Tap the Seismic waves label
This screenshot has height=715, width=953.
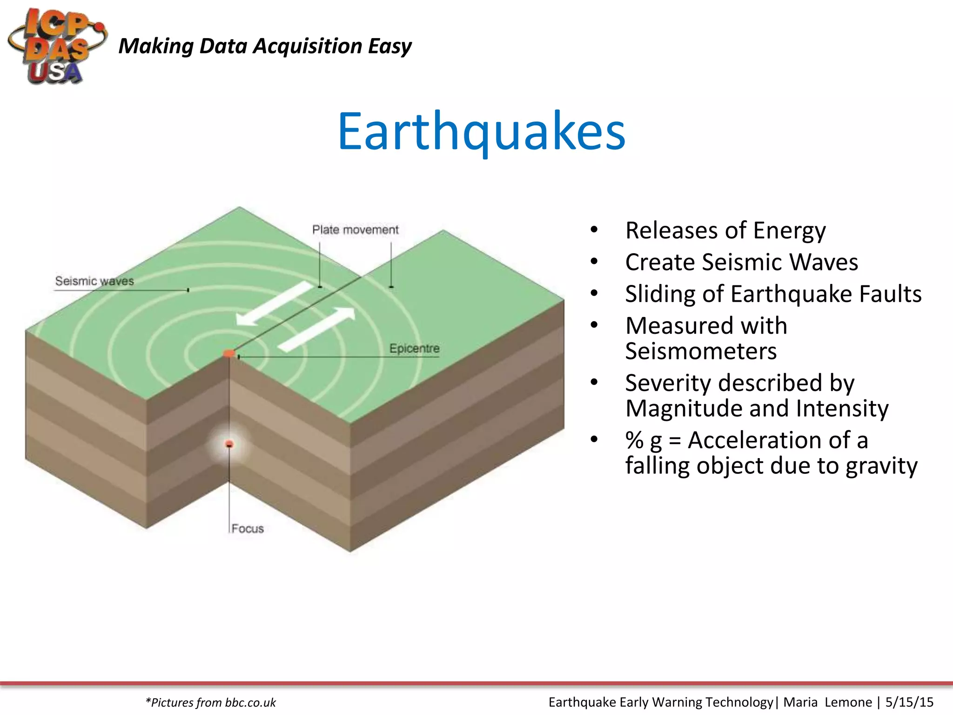pyautogui.click(x=94, y=281)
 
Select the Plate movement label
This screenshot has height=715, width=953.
pyautogui.click(x=355, y=230)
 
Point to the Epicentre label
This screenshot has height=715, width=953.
pyautogui.click(x=414, y=348)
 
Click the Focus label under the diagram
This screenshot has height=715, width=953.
pyautogui.click(x=248, y=529)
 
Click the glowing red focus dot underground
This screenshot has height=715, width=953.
pyautogui.click(x=229, y=445)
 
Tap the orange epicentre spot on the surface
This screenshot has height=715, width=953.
pyautogui.click(x=228, y=354)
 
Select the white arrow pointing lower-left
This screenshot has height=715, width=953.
pyautogui.click(x=275, y=304)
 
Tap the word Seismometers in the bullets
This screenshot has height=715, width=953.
pyautogui.click(x=701, y=351)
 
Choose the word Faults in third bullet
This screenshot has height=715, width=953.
pyautogui.click(x=890, y=294)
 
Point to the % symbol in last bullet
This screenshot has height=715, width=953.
pyautogui.click(x=634, y=440)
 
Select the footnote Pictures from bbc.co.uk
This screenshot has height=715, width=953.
pyautogui.click(x=211, y=702)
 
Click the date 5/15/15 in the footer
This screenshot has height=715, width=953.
pyautogui.click(x=909, y=702)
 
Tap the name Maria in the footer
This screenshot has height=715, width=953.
pyautogui.click(x=800, y=702)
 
